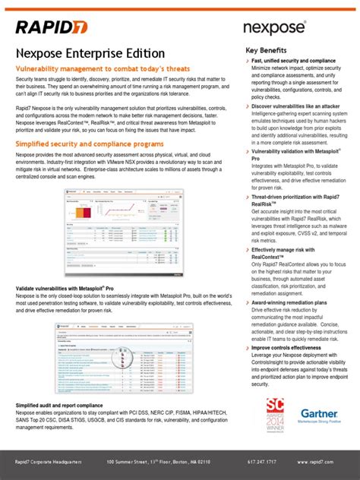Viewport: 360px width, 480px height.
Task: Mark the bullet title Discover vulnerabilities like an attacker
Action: pyautogui.click(x=296, y=106)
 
